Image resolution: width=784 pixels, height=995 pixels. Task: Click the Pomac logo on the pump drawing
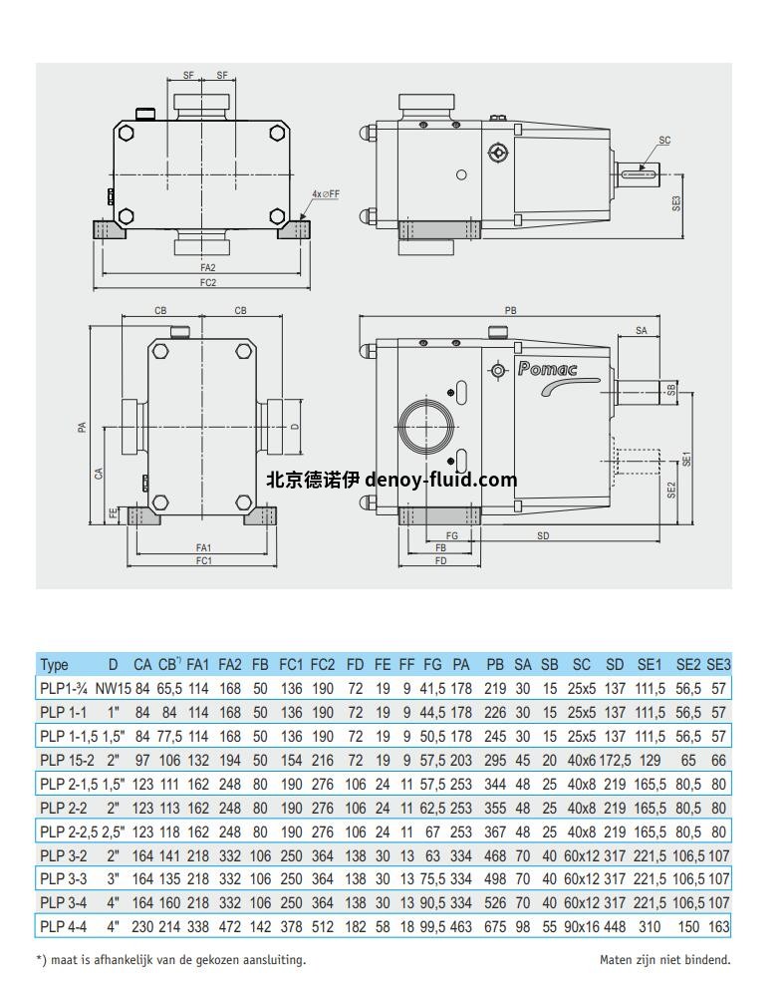click(547, 369)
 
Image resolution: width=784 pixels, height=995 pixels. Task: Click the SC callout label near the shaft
click(663, 141)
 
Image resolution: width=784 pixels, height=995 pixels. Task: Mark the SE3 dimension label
click(676, 203)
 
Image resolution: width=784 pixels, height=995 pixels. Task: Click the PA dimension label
click(83, 427)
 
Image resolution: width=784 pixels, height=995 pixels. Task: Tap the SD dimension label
click(543, 536)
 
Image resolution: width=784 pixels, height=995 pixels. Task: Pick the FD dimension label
click(441, 560)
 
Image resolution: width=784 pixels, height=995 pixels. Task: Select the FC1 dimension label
click(203, 560)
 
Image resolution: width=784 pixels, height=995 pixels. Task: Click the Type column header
click(54, 665)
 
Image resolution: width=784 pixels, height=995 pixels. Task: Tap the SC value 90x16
click(580, 926)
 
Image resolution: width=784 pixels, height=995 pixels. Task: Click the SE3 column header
click(718, 665)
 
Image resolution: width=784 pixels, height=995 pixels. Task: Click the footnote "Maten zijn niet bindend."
click(664, 960)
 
